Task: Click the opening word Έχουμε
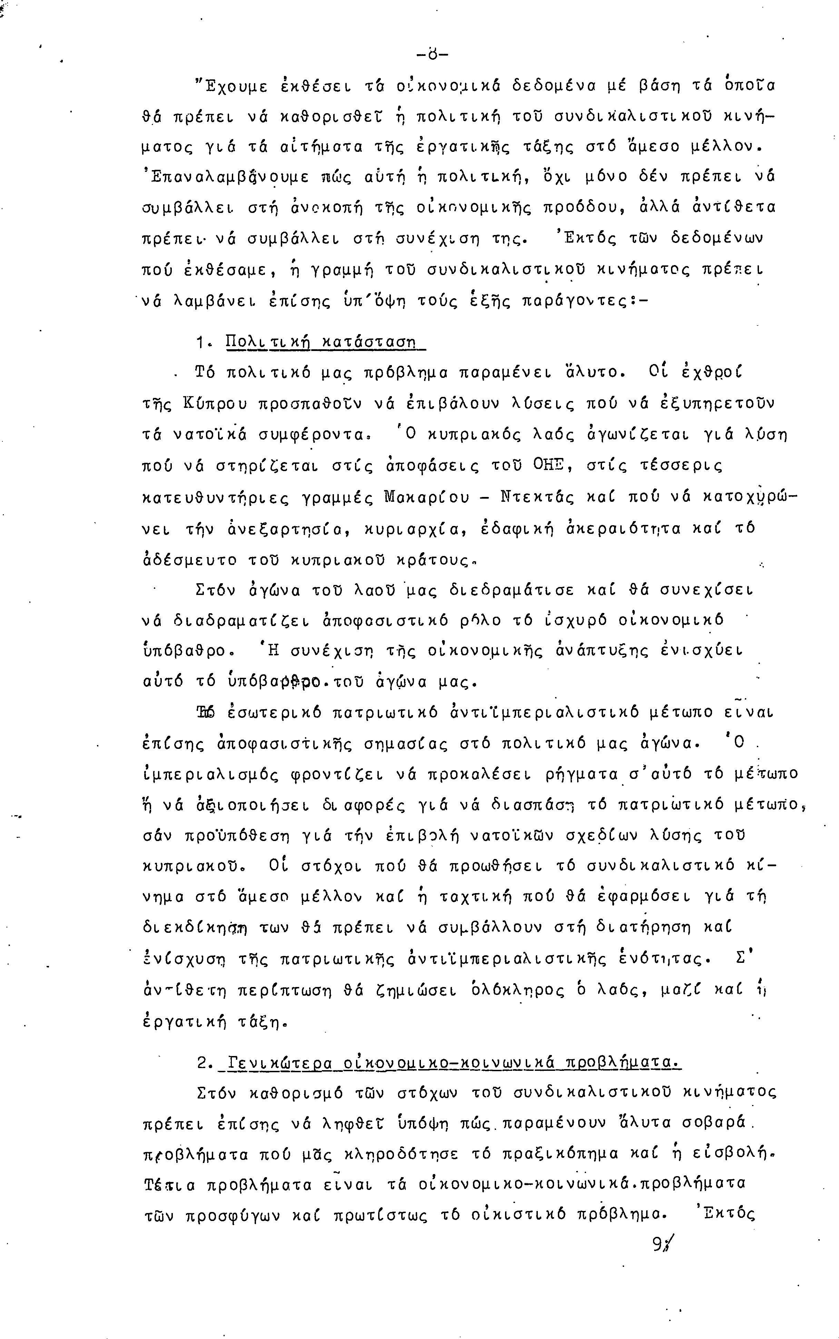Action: click(229, 86)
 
